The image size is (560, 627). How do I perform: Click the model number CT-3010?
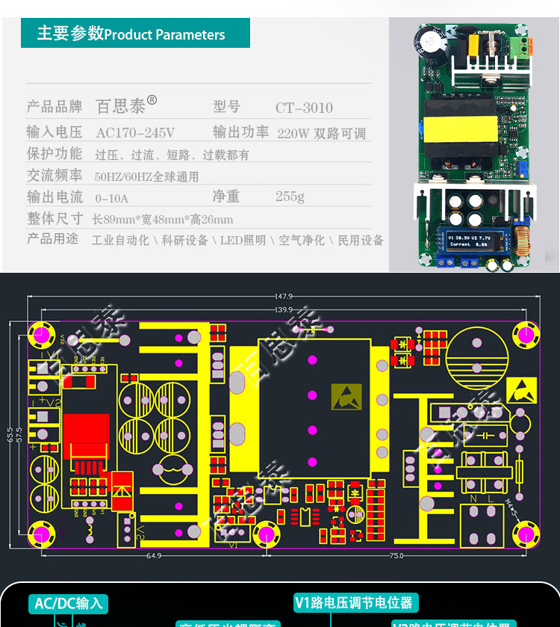(304, 108)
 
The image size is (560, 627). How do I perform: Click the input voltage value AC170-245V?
(135, 132)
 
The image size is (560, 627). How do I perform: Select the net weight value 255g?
(290, 197)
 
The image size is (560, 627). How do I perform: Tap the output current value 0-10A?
(112, 198)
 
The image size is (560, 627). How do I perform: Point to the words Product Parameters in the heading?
(164, 34)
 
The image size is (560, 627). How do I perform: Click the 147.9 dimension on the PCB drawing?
(283, 296)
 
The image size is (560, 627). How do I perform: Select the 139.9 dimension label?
(283, 309)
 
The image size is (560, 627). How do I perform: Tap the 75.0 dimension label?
(396, 555)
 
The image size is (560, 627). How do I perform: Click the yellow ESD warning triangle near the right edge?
(520, 389)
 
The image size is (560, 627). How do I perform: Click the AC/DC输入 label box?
(69, 603)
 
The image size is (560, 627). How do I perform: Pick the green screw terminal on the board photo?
(514, 45)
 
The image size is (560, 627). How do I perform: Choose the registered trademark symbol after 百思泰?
(152, 99)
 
